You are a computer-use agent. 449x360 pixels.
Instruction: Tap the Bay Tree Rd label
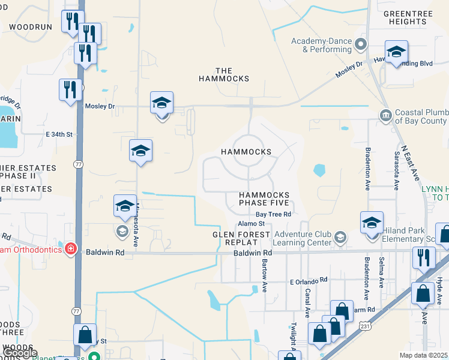pos(273,214)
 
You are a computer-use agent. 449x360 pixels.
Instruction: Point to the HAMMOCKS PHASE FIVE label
pos(264,199)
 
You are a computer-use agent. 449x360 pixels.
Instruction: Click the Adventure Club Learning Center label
pos(302,238)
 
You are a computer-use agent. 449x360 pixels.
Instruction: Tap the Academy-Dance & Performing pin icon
pos(361,43)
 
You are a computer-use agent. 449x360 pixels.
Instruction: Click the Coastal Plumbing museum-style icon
pos(385,115)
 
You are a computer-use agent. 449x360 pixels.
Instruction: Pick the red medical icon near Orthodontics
pos(71,248)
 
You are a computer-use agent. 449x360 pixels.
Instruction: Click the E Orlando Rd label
pos(309,280)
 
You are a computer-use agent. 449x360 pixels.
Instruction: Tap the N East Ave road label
pos(410,161)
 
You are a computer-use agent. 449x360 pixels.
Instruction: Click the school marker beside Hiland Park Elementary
pos(372,222)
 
